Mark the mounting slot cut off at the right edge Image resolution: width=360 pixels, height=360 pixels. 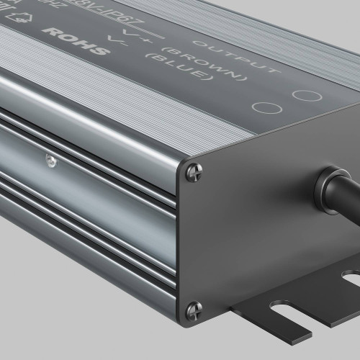352,276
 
